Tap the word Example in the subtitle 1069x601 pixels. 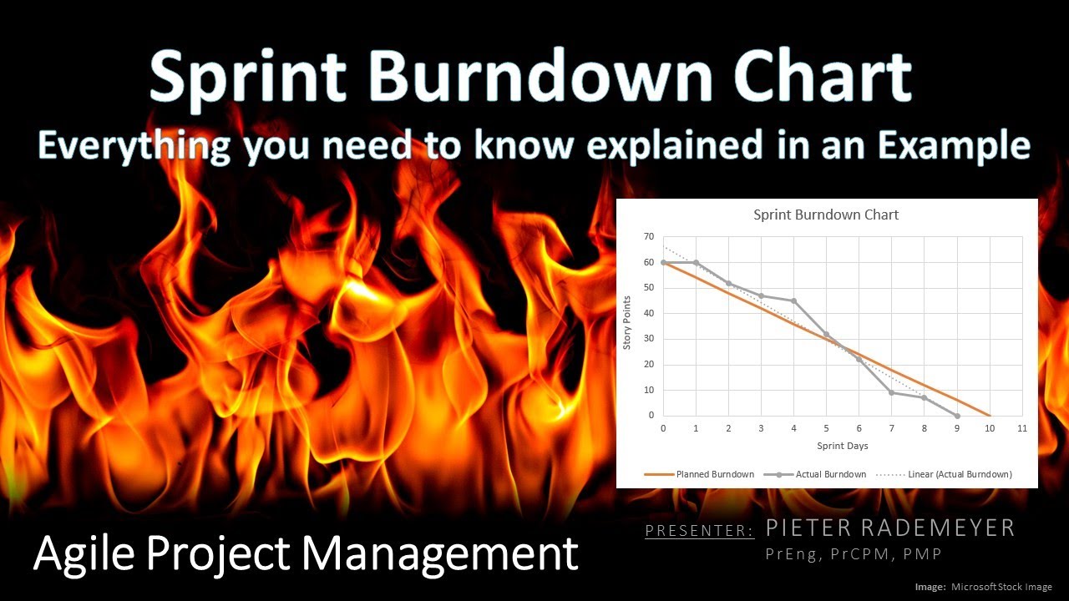click(x=960, y=145)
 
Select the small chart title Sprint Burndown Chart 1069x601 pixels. click(x=826, y=215)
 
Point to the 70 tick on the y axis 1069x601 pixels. click(x=649, y=237)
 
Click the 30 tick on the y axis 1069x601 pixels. click(x=649, y=340)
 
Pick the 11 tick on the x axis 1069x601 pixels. click(x=1021, y=428)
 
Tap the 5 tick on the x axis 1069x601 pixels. click(x=826, y=428)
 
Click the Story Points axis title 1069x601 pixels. click(x=628, y=326)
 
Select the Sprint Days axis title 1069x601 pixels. click(x=842, y=447)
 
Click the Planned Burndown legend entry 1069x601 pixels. click(x=715, y=474)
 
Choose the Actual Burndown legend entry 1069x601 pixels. click(x=831, y=474)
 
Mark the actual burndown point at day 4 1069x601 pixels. click(x=793, y=301)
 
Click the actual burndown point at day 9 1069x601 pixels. click(x=957, y=416)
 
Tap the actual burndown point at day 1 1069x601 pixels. click(x=696, y=262)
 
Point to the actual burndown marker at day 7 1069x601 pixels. click(x=891, y=392)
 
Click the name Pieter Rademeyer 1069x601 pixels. click(x=890, y=528)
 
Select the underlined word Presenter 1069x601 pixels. click(x=699, y=530)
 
